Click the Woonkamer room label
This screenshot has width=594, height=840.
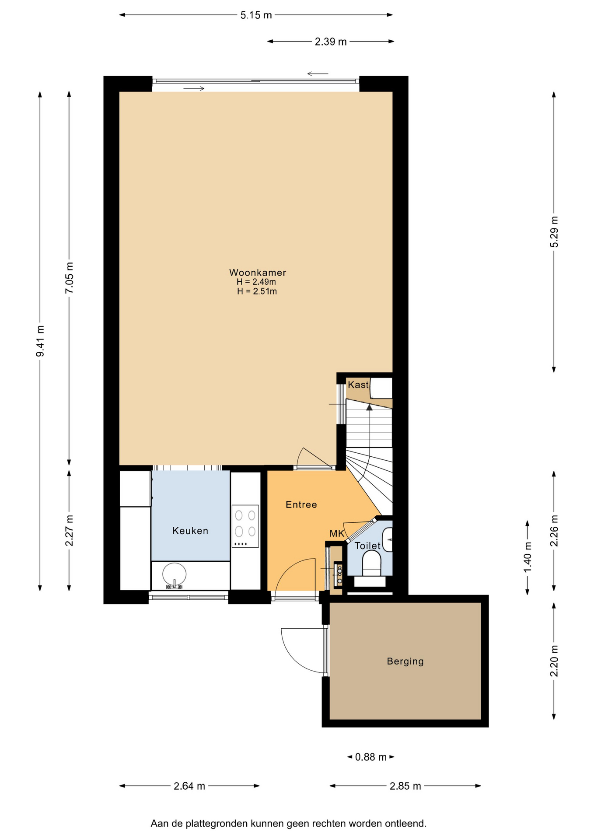pos(258,273)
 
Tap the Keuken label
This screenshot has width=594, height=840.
pos(190,531)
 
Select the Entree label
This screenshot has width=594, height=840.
pos(301,504)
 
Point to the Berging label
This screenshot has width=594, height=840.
pos(405,661)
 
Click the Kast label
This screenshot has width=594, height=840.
pos(358,385)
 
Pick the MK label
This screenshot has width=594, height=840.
pos(337,534)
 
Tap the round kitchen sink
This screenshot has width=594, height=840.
pos(174,574)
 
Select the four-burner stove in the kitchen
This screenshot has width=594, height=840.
pos(245,526)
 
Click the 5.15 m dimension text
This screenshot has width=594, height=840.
pos(256,15)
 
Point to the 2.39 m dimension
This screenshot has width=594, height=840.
pos(331,42)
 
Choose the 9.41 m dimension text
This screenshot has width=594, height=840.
pos(40,341)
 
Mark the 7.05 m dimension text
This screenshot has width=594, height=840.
pos(69,278)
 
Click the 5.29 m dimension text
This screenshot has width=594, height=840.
pos(554,232)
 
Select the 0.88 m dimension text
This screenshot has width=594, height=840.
pos(371,757)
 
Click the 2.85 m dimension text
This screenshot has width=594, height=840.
pos(405,786)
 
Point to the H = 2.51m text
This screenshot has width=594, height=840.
pos(257,291)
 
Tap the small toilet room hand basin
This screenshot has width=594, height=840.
pos(387,539)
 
